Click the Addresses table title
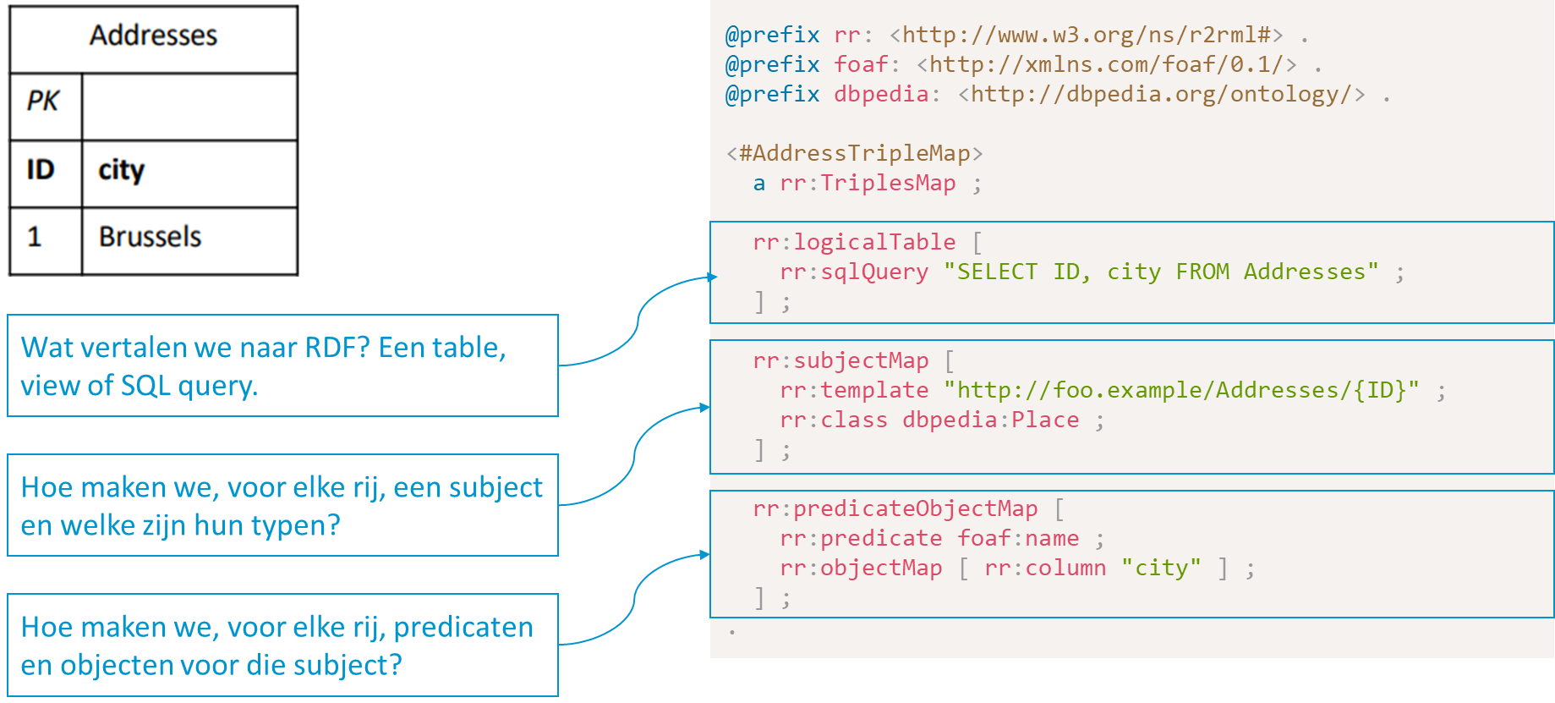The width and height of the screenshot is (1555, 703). [x=153, y=36]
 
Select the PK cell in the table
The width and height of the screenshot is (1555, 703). [x=43, y=102]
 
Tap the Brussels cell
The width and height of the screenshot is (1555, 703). [x=150, y=237]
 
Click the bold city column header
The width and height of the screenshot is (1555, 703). [x=122, y=170]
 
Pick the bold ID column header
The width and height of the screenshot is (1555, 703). [x=41, y=170]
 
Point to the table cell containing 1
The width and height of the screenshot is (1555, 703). [x=35, y=237]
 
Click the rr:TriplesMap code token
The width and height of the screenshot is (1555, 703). [x=868, y=183]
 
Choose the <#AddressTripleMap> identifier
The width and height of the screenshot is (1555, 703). [x=854, y=153]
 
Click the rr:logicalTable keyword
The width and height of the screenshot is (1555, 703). [x=854, y=242]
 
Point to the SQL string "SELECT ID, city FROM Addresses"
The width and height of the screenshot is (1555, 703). [x=1160, y=272]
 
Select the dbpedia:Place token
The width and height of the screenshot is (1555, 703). [x=990, y=420]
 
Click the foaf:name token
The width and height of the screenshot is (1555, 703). [x=1018, y=538]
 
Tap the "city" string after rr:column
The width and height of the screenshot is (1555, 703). [x=1161, y=568]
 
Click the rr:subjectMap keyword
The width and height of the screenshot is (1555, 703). [x=840, y=360]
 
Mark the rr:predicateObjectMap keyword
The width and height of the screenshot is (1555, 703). [x=895, y=508]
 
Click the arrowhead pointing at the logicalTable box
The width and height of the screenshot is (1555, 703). [x=712, y=277]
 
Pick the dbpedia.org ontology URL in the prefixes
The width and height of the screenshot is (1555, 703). [x=1161, y=94]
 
